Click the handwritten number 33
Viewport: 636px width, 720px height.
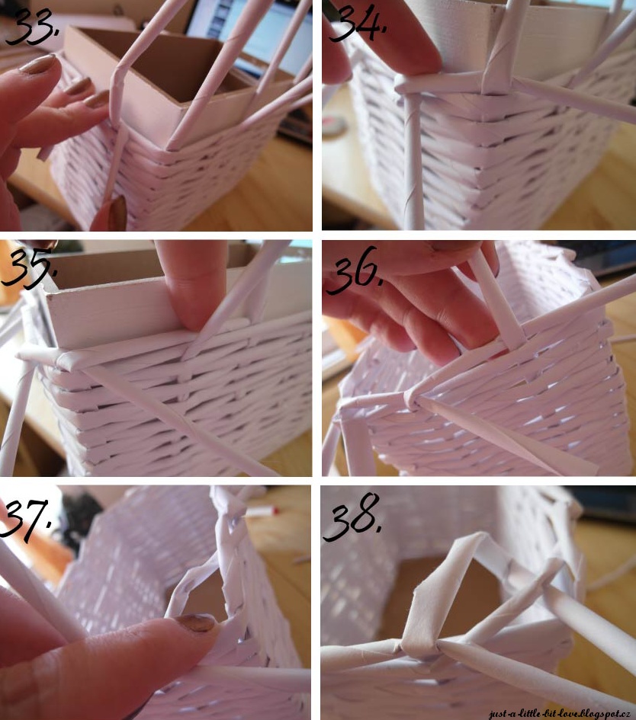32,26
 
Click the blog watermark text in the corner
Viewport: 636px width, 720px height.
559,713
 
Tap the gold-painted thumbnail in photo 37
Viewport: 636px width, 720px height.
196,622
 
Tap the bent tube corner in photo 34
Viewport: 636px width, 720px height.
403,85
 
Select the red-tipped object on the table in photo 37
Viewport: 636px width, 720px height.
263,511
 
